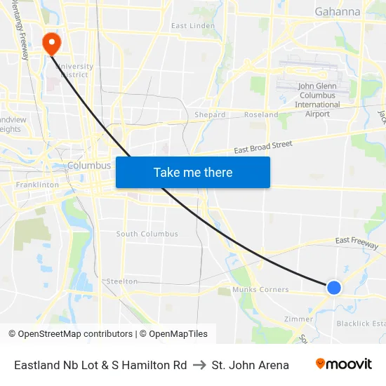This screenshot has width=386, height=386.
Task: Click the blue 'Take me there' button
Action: (x=193, y=172)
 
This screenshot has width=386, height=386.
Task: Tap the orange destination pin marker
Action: (x=51, y=44)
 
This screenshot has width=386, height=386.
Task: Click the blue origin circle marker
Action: (x=334, y=287)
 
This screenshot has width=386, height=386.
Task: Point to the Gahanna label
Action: (x=338, y=12)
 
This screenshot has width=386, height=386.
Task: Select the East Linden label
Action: (x=193, y=26)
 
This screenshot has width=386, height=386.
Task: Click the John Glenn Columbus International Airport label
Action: (x=317, y=100)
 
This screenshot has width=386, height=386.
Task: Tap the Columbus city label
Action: (x=89, y=166)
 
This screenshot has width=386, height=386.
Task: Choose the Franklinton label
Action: (x=38, y=185)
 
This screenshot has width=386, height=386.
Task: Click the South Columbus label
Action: (x=147, y=234)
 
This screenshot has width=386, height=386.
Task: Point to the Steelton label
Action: (x=122, y=281)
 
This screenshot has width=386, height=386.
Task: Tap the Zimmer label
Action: (x=298, y=318)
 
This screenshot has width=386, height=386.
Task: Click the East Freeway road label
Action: (x=357, y=241)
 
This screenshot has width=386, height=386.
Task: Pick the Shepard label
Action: (x=210, y=114)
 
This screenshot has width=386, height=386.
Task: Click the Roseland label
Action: (x=261, y=114)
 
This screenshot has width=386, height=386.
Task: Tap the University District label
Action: (x=76, y=70)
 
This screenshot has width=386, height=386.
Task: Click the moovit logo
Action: (x=344, y=364)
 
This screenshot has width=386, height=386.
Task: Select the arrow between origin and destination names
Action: (x=199, y=365)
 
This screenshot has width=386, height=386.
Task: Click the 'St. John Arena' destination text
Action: (x=250, y=365)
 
